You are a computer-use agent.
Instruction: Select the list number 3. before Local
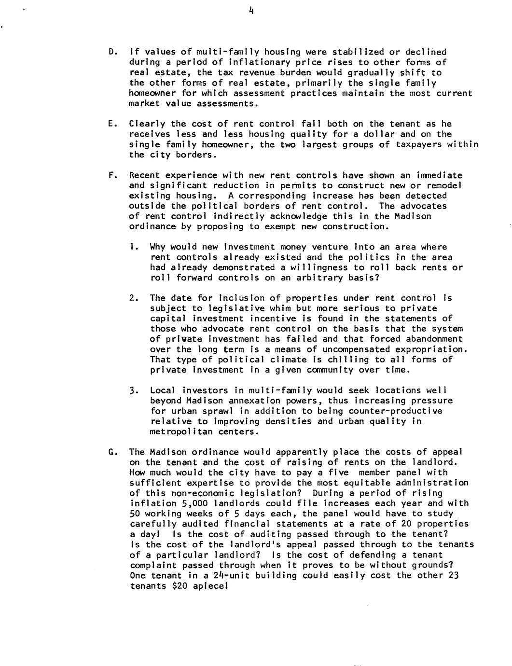(135, 390)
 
